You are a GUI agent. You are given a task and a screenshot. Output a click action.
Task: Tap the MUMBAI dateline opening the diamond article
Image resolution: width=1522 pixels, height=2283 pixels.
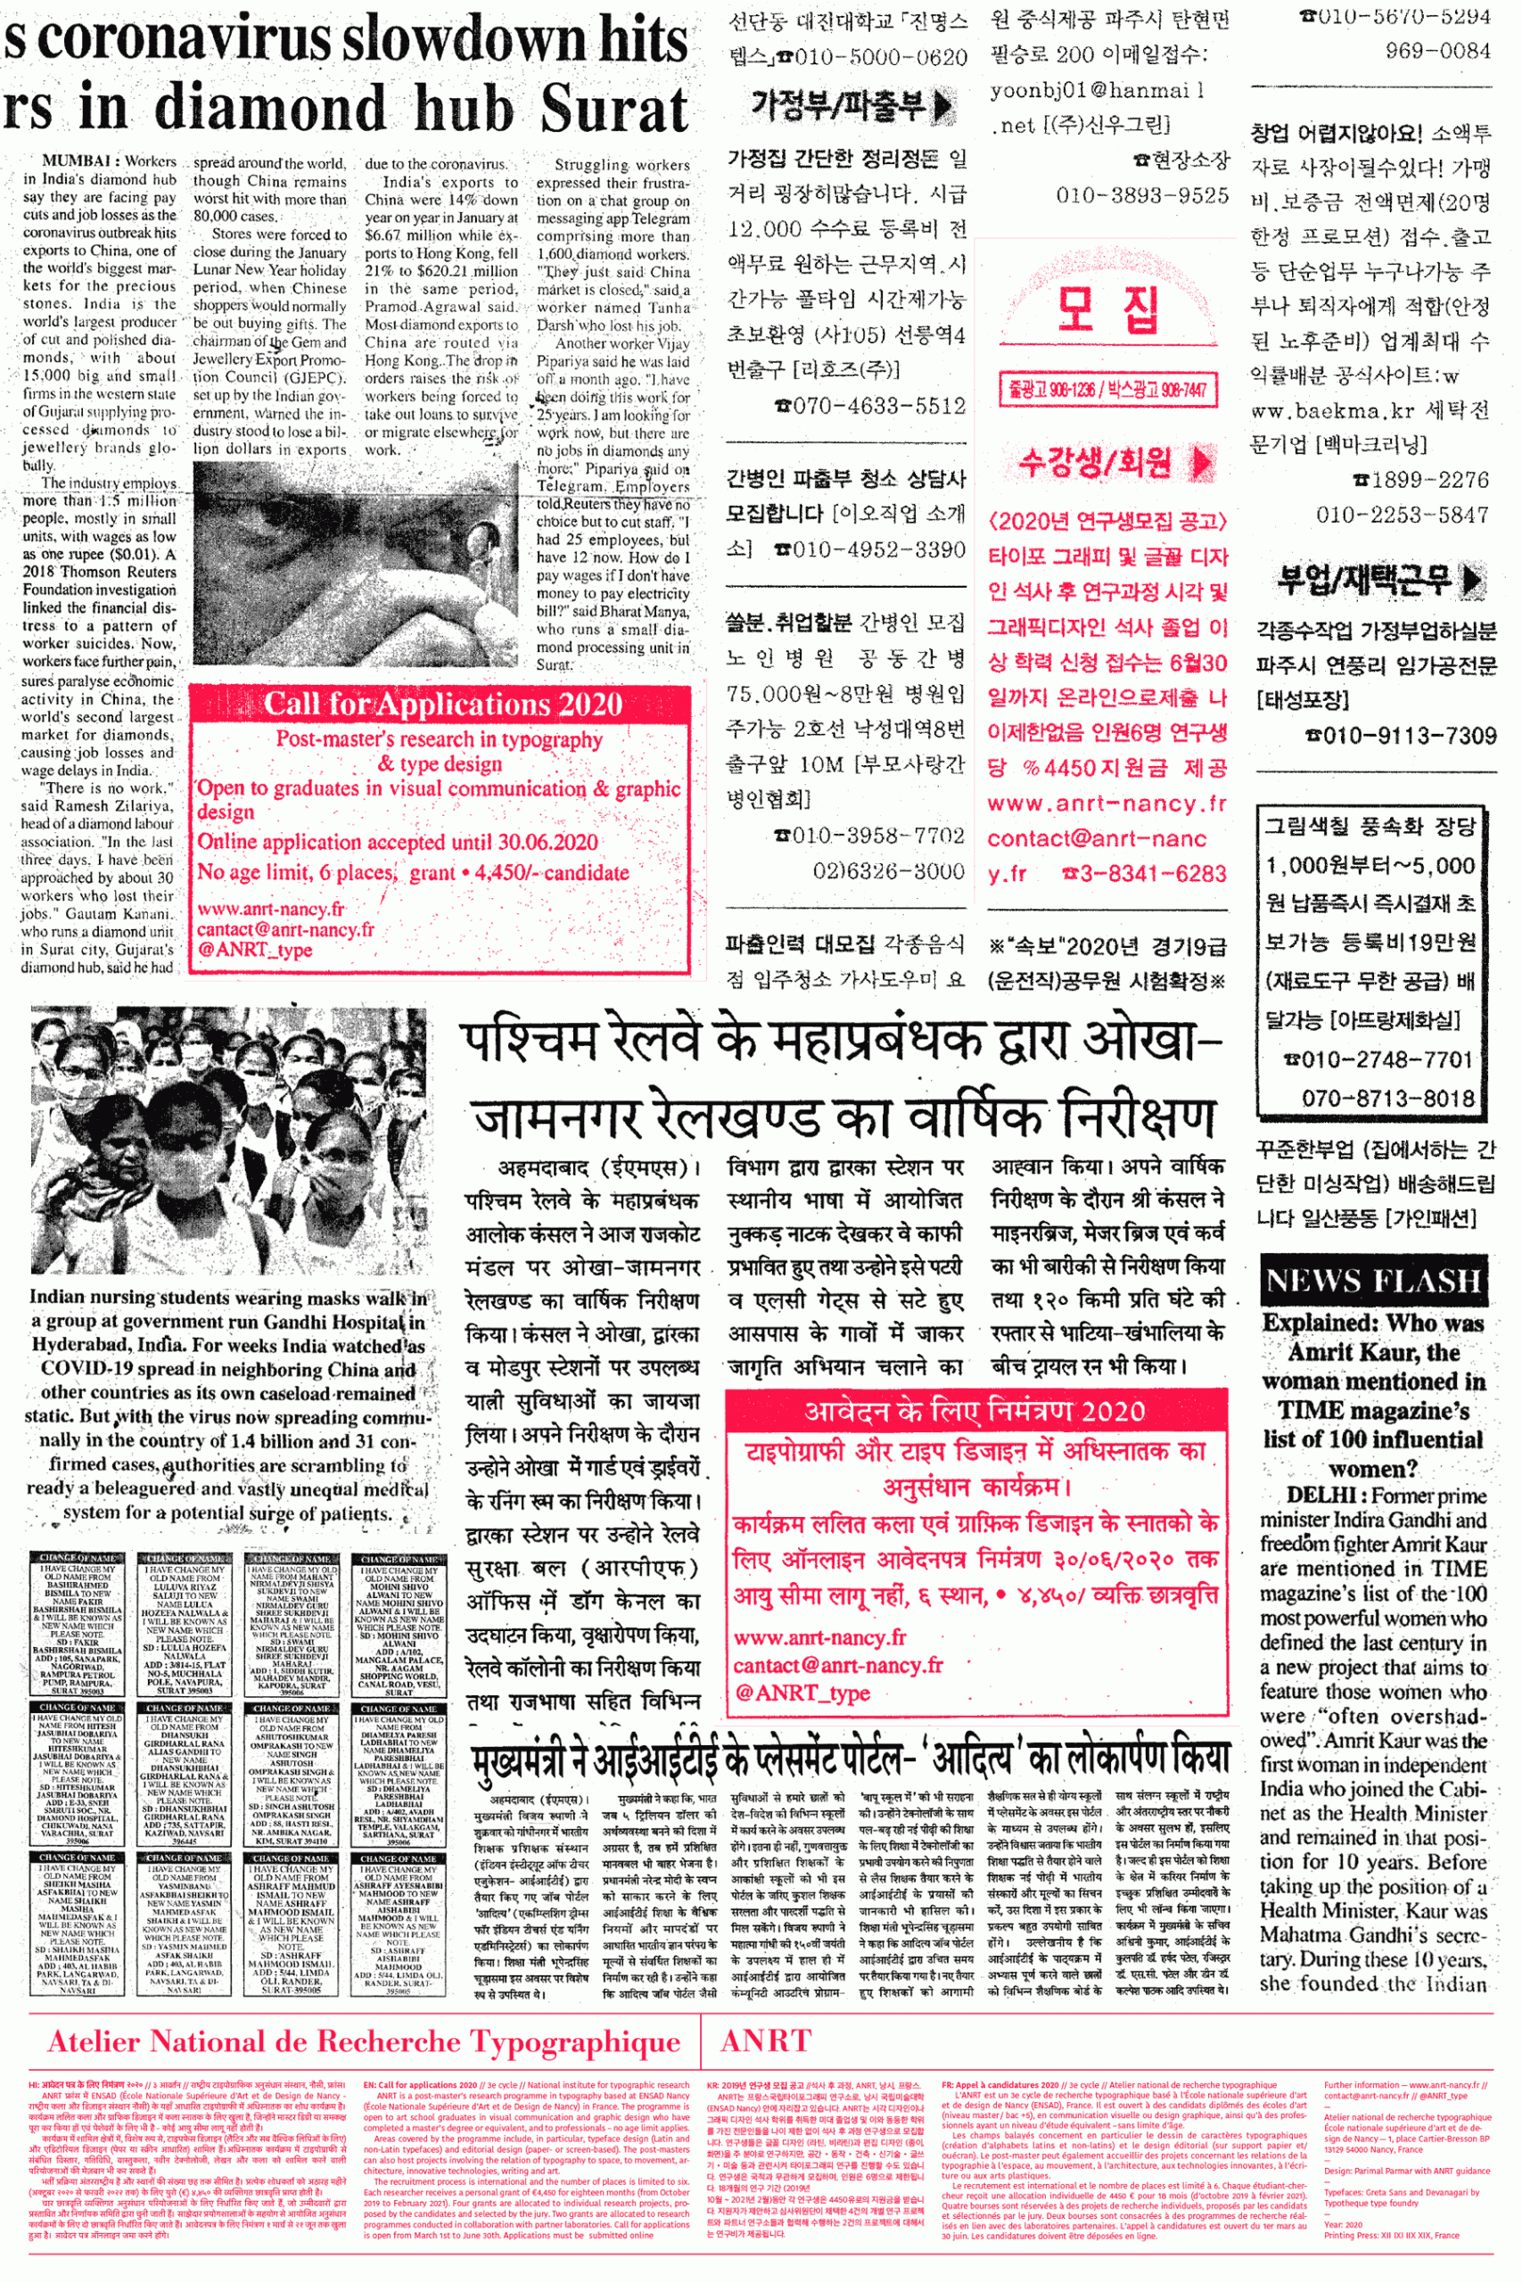78,161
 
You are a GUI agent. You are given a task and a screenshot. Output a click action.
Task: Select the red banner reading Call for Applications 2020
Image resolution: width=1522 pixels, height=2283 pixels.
442,704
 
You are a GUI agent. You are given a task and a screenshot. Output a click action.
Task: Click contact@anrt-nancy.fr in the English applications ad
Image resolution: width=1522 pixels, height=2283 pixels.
285,929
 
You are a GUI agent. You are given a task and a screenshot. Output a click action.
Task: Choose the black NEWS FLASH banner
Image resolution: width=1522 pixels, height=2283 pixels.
1372,1282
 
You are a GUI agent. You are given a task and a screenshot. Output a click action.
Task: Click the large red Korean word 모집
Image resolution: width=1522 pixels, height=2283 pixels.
1107,309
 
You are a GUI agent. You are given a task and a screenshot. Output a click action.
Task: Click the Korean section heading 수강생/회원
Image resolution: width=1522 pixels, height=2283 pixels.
1094,462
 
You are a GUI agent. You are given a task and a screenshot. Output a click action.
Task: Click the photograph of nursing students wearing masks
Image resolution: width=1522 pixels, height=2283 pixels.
228,1140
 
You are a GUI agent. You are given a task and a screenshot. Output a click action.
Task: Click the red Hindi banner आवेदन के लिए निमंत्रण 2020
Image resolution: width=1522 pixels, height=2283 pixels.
974,1410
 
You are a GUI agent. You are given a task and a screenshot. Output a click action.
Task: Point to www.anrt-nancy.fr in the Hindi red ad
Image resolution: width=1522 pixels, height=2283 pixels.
819,1637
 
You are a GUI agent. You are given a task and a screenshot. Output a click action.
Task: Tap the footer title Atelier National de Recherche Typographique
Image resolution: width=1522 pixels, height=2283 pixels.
363,2041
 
